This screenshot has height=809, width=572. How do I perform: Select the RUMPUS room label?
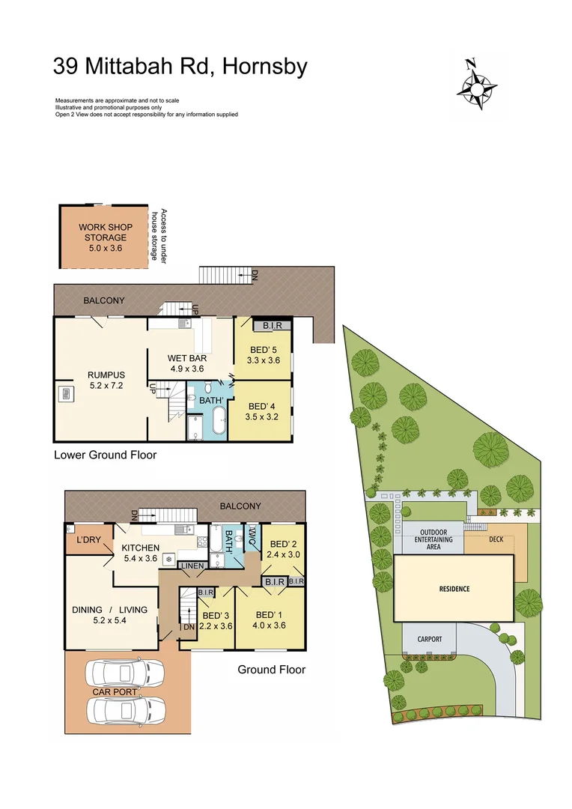tap(106, 381)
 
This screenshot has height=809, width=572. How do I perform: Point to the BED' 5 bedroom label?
tap(263, 354)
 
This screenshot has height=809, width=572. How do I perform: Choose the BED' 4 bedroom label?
tap(263, 412)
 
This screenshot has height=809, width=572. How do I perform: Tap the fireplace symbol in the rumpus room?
tap(65, 393)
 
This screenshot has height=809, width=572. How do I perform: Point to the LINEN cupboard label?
tap(192, 564)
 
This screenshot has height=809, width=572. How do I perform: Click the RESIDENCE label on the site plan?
tap(454, 589)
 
